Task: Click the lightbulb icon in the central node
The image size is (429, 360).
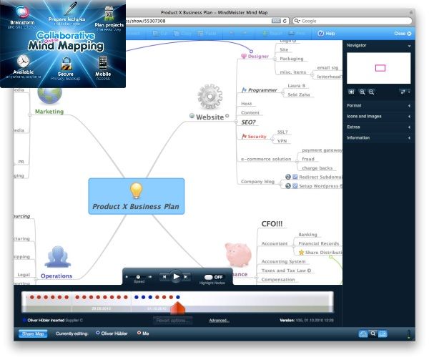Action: tap(136, 190)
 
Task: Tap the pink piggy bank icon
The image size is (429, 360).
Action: tap(237, 255)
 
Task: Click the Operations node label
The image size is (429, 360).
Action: tap(56, 276)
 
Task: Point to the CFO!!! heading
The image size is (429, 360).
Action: tap(272, 223)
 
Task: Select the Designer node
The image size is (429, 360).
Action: tap(257, 56)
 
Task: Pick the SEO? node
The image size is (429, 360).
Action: tap(250, 122)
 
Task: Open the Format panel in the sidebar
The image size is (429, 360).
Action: tap(379, 105)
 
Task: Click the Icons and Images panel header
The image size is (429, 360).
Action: tap(379, 116)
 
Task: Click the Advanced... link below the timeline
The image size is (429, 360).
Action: tap(220, 321)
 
